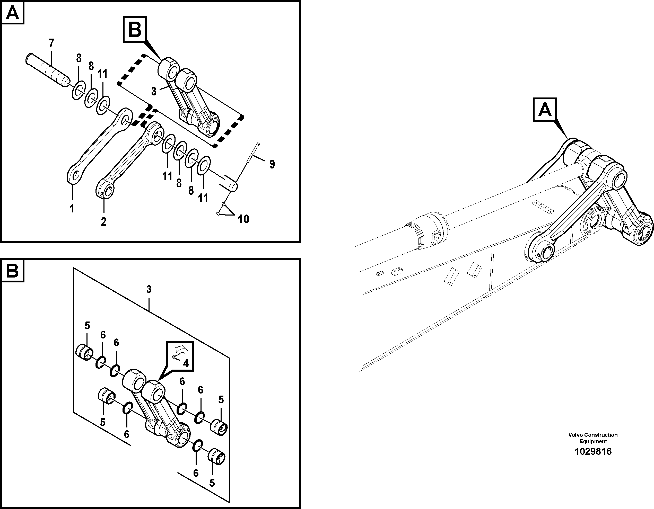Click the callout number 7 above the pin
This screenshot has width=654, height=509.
51,43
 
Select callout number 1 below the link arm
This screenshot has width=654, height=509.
72,208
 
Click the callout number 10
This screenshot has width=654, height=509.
243,219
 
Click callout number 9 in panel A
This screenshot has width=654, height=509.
272,164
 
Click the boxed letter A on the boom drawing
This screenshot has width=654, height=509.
545,110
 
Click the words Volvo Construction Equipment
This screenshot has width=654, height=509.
593,438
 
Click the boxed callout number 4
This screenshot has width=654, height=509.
186,364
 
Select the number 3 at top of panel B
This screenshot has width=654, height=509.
149,289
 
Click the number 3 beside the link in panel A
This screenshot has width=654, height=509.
154,91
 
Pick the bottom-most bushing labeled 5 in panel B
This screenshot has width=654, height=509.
216,457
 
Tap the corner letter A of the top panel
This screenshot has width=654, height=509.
13,13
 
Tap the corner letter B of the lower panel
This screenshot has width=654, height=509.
13,271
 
